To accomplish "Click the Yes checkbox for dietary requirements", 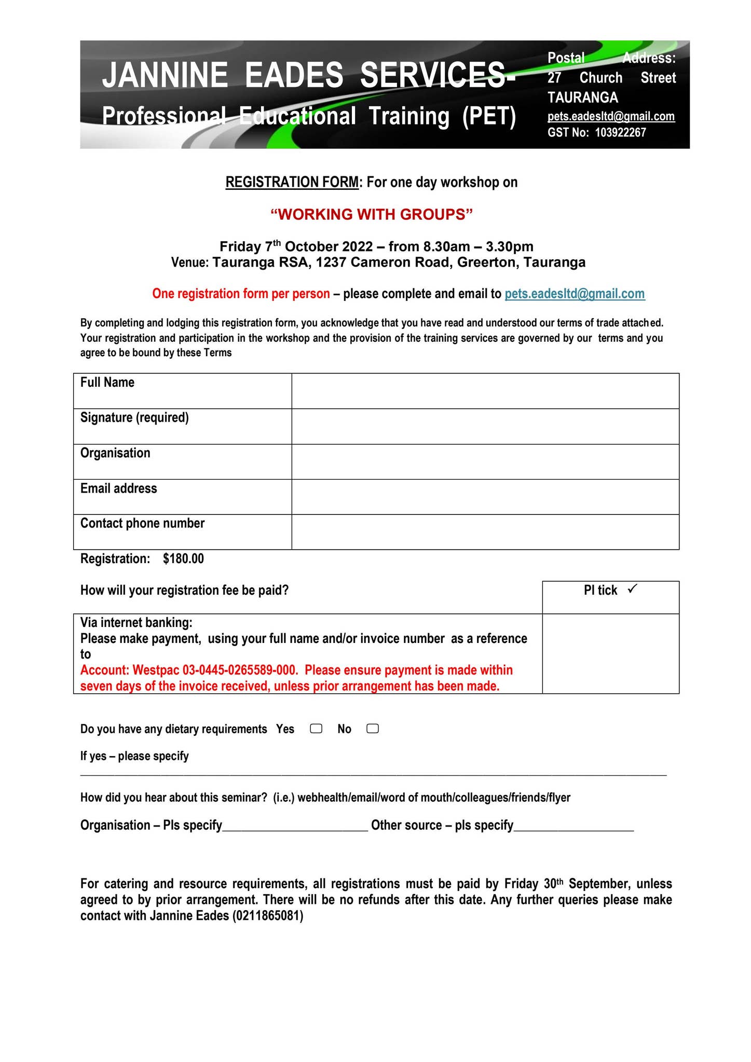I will click(x=316, y=729).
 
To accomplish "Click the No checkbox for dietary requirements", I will click(x=372, y=729).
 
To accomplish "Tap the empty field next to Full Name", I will click(x=485, y=391).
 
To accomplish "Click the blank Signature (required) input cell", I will click(x=485, y=426).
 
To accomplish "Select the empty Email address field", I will click(x=485, y=497).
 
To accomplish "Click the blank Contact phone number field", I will click(x=485, y=532).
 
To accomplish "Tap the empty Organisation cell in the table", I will click(x=485, y=462).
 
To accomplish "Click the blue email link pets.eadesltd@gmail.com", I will click(x=575, y=294).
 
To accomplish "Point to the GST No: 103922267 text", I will click(x=596, y=133).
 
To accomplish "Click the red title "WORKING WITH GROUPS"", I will click(x=372, y=214).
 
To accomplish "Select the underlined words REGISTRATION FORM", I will click(x=292, y=183).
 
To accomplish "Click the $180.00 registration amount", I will click(x=183, y=558).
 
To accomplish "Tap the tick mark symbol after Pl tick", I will click(x=632, y=589).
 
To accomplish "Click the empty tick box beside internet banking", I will click(x=610, y=653).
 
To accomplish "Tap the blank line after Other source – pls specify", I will click(x=574, y=826).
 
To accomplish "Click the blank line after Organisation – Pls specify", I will click(x=295, y=826).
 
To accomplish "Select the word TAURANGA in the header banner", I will click(x=582, y=97).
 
